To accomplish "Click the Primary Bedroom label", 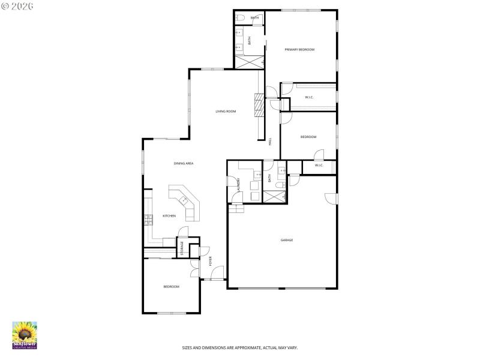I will (299, 49).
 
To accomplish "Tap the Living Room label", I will (226, 111).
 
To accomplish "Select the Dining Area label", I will (183, 163).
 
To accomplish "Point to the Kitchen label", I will (169, 215).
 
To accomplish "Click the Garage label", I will (287, 240).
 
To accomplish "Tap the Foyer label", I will (211, 261).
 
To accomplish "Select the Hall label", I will (270, 142).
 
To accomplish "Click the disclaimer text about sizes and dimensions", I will (240, 347).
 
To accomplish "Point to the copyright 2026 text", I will (17, 5).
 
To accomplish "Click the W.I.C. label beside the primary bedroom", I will (309, 97).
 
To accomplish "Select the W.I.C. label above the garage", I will (319, 165).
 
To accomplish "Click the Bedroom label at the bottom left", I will (171, 287).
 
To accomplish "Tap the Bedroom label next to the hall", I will (308, 137).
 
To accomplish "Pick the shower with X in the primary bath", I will (249, 62).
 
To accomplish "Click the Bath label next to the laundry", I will (270, 178).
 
